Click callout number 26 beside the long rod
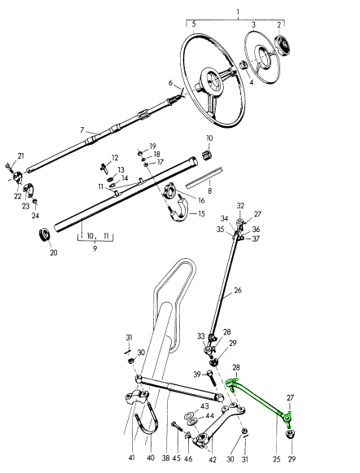pyautogui.click(x=238, y=291)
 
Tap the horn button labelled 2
pyautogui.click(x=283, y=46)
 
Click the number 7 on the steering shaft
pyautogui.click(x=82, y=130)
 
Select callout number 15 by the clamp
pyautogui.click(x=201, y=213)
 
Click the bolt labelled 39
pyautogui.click(x=212, y=378)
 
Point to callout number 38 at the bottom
pyautogui.click(x=165, y=458)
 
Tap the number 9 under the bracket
pyautogui.click(x=95, y=249)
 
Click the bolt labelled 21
pyautogui.click(x=8, y=167)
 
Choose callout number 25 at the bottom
pyautogui.click(x=277, y=459)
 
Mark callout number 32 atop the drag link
pyautogui.click(x=240, y=206)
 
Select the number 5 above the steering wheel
pyautogui.click(x=194, y=24)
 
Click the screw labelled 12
pyautogui.click(x=104, y=168)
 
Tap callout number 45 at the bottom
pyautogui.click(x=177, y=458)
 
